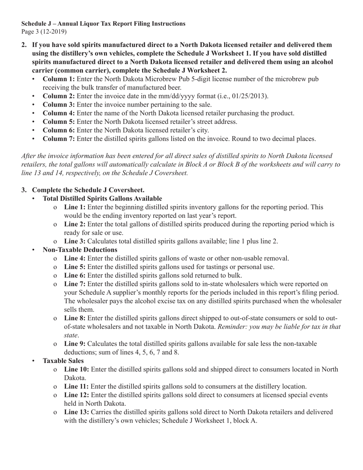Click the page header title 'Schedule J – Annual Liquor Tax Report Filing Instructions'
[x=103, y=24]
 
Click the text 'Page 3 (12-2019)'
[x=44, y=31]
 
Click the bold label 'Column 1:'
[x=58, y=79]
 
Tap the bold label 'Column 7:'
[x=58, y=139]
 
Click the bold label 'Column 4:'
[x=58, y=113]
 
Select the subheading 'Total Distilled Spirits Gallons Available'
[x=102, y=198]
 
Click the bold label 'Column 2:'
[x=58, y=96]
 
